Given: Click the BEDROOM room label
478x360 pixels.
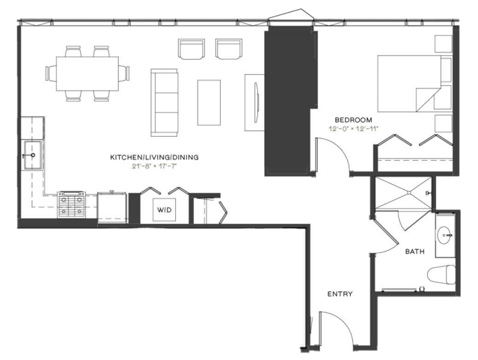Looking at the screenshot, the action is coord(353,120).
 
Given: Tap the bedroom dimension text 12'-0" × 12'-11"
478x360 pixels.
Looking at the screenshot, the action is coord(353,129).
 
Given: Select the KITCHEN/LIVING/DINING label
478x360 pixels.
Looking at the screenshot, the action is coord(154,157).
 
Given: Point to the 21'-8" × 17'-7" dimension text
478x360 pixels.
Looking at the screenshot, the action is coord(154,167).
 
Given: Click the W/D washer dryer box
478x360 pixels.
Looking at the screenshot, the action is coord(165,210).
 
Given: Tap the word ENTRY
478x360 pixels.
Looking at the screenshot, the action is coord(340,294).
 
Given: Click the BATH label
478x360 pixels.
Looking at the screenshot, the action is coord(414,251).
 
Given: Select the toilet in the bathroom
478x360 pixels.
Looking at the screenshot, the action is coord(441,275).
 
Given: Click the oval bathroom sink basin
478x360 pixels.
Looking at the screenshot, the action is coord(445,235).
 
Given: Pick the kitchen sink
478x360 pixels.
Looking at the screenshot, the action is coord(33,155).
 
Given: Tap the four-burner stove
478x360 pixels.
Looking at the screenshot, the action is coord(71,204).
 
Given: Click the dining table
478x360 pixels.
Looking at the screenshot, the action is coord(88,73).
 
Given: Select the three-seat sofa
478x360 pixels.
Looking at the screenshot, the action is coord(165,103).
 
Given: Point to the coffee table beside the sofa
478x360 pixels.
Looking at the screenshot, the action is coord(209,103).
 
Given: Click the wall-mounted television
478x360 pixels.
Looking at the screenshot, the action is coord(257,103).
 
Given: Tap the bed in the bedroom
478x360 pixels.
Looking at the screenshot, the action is coord(410,84).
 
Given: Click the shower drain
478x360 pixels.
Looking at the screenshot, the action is coord(408,192).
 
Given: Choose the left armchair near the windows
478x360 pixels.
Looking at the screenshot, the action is coord(191,49).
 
